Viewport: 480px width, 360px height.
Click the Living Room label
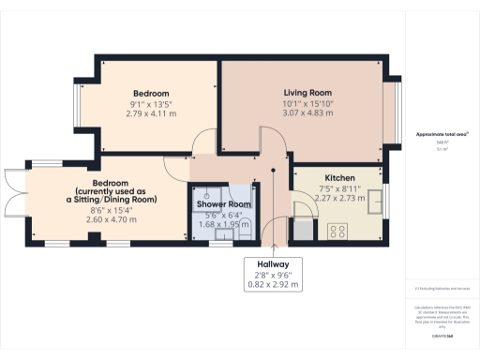click(308, 93)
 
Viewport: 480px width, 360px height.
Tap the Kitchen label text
click(338, 177)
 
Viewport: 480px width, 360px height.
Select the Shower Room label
click(223, 203)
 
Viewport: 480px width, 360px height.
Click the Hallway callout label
click(273, 264)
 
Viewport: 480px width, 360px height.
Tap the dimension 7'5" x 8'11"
click(338, 188)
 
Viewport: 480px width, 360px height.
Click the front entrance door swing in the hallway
click(274, 231)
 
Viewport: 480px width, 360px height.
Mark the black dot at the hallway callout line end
click(273, 171)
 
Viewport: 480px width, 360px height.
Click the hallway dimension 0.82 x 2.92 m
click(273, 283)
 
